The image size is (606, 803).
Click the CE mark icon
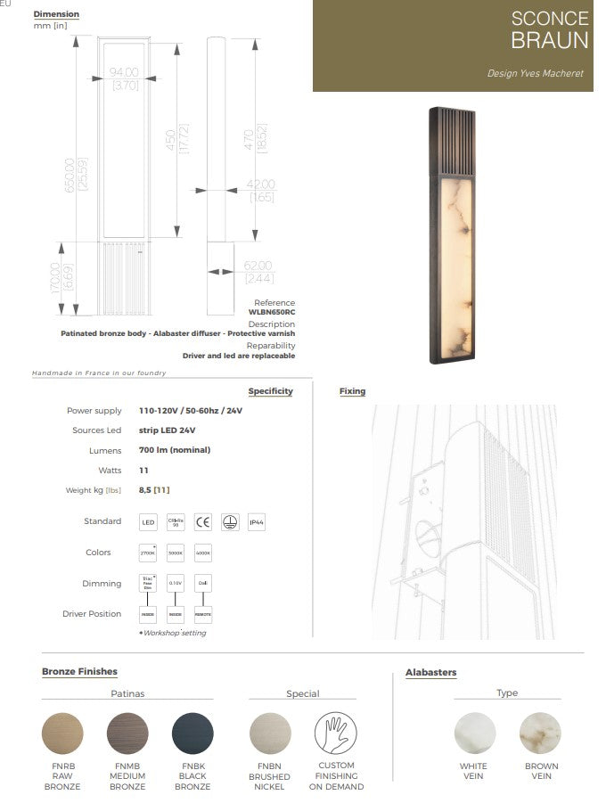click(x=202, y=522)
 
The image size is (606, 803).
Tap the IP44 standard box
click(x=258, y=522)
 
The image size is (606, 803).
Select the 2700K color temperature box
click(x=148, y=553)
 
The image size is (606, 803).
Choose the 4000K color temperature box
click(x=203, y=553)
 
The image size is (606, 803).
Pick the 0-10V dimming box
click(x=176, y=584)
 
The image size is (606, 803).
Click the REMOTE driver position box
click(x=203, y=614)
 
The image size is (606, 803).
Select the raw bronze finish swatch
click(x=62, y=733)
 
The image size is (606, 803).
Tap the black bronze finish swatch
click(x=192, y=733)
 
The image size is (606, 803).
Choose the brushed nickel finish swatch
click(x=271, y=733)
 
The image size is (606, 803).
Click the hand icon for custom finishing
click(x=336, y=733)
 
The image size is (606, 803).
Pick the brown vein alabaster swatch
click(x=540, y=733)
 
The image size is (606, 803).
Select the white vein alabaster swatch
click(x=474, y=733)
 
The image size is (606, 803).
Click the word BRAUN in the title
click(x=549, y=40)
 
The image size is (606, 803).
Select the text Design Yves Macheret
click(x=535, y=73)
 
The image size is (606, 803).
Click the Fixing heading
click(x=352, y=391)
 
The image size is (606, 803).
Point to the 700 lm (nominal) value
click(x=175, y=450)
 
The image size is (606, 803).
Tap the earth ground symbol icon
click(x=230, y=522)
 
